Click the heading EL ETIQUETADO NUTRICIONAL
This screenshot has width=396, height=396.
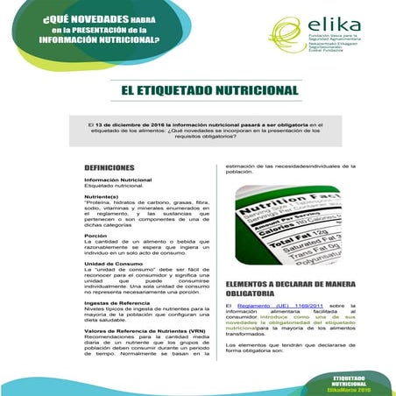[209, 91]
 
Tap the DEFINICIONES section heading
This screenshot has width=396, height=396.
[109, 167]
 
